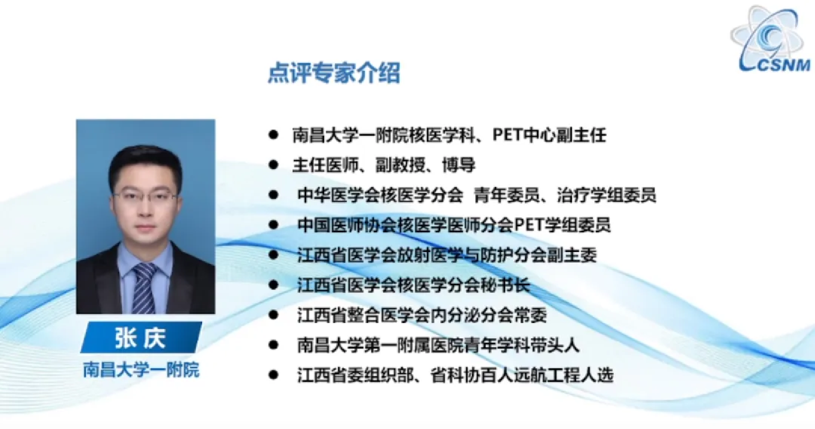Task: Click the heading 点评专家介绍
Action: click(334, 73)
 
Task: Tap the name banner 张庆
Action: click(141, 337)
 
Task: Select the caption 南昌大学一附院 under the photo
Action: click(141, 370)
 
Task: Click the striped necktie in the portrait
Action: click(144, 288)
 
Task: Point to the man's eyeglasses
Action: click(145, 198)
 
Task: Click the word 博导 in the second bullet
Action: click(459, 165)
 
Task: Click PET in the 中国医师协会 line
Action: click(529, 225)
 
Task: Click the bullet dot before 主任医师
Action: click(273, 165)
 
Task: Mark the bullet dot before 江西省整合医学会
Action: click(273, 315)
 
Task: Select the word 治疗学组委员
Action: click(607, 195)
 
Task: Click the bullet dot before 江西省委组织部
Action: click(273, 375)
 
